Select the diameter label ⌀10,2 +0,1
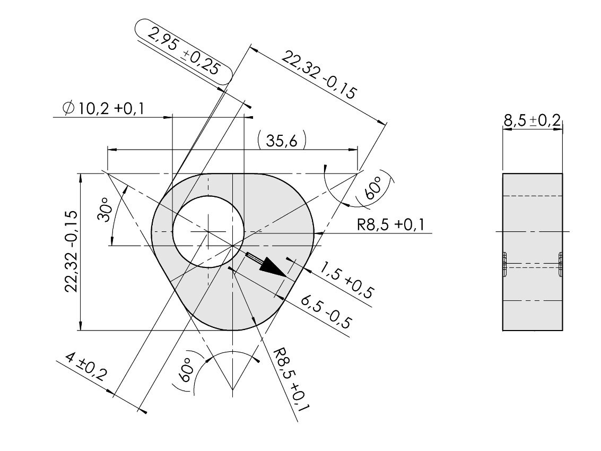(x=103, y=109)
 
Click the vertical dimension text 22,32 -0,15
(x=72, y=251)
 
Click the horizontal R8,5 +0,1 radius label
(x=391, y=224)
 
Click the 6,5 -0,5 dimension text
(x=325, y=312)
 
